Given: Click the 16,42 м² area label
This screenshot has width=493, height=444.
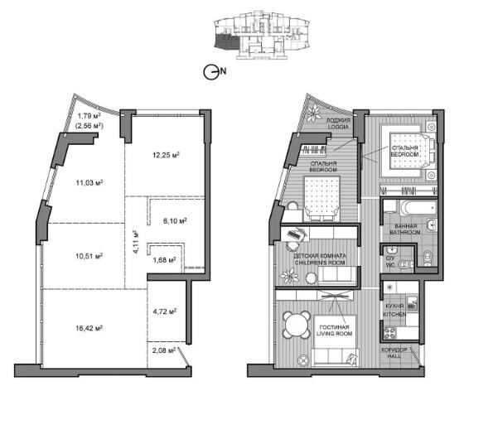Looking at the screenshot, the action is coord(89,328).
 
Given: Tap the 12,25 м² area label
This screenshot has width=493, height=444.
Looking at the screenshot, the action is coord(166,155).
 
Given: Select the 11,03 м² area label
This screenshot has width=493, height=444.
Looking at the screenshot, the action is coord(89,182).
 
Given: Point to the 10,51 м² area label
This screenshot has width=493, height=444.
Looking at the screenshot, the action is coord(89,256).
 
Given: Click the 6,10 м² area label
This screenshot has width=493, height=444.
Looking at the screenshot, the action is coord(175,221).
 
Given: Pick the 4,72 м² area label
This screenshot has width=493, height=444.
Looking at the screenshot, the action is coord(164,311).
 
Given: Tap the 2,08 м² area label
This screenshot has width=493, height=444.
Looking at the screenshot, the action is coord(164,350).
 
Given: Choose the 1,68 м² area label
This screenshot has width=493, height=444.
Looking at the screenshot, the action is coord(164,260).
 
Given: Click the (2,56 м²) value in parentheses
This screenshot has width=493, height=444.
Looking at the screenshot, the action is coord(89,126).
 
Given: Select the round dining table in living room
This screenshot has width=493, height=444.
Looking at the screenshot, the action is coord(297,324).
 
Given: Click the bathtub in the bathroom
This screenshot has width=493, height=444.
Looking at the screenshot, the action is coord(418,208).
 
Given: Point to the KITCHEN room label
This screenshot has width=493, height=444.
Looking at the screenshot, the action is coord(394,314).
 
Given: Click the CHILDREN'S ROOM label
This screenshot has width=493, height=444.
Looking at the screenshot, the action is coord(320,263).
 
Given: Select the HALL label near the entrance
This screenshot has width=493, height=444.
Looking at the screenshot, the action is coord(394,356).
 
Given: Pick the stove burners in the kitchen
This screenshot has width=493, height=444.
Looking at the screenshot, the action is coord(390,333).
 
